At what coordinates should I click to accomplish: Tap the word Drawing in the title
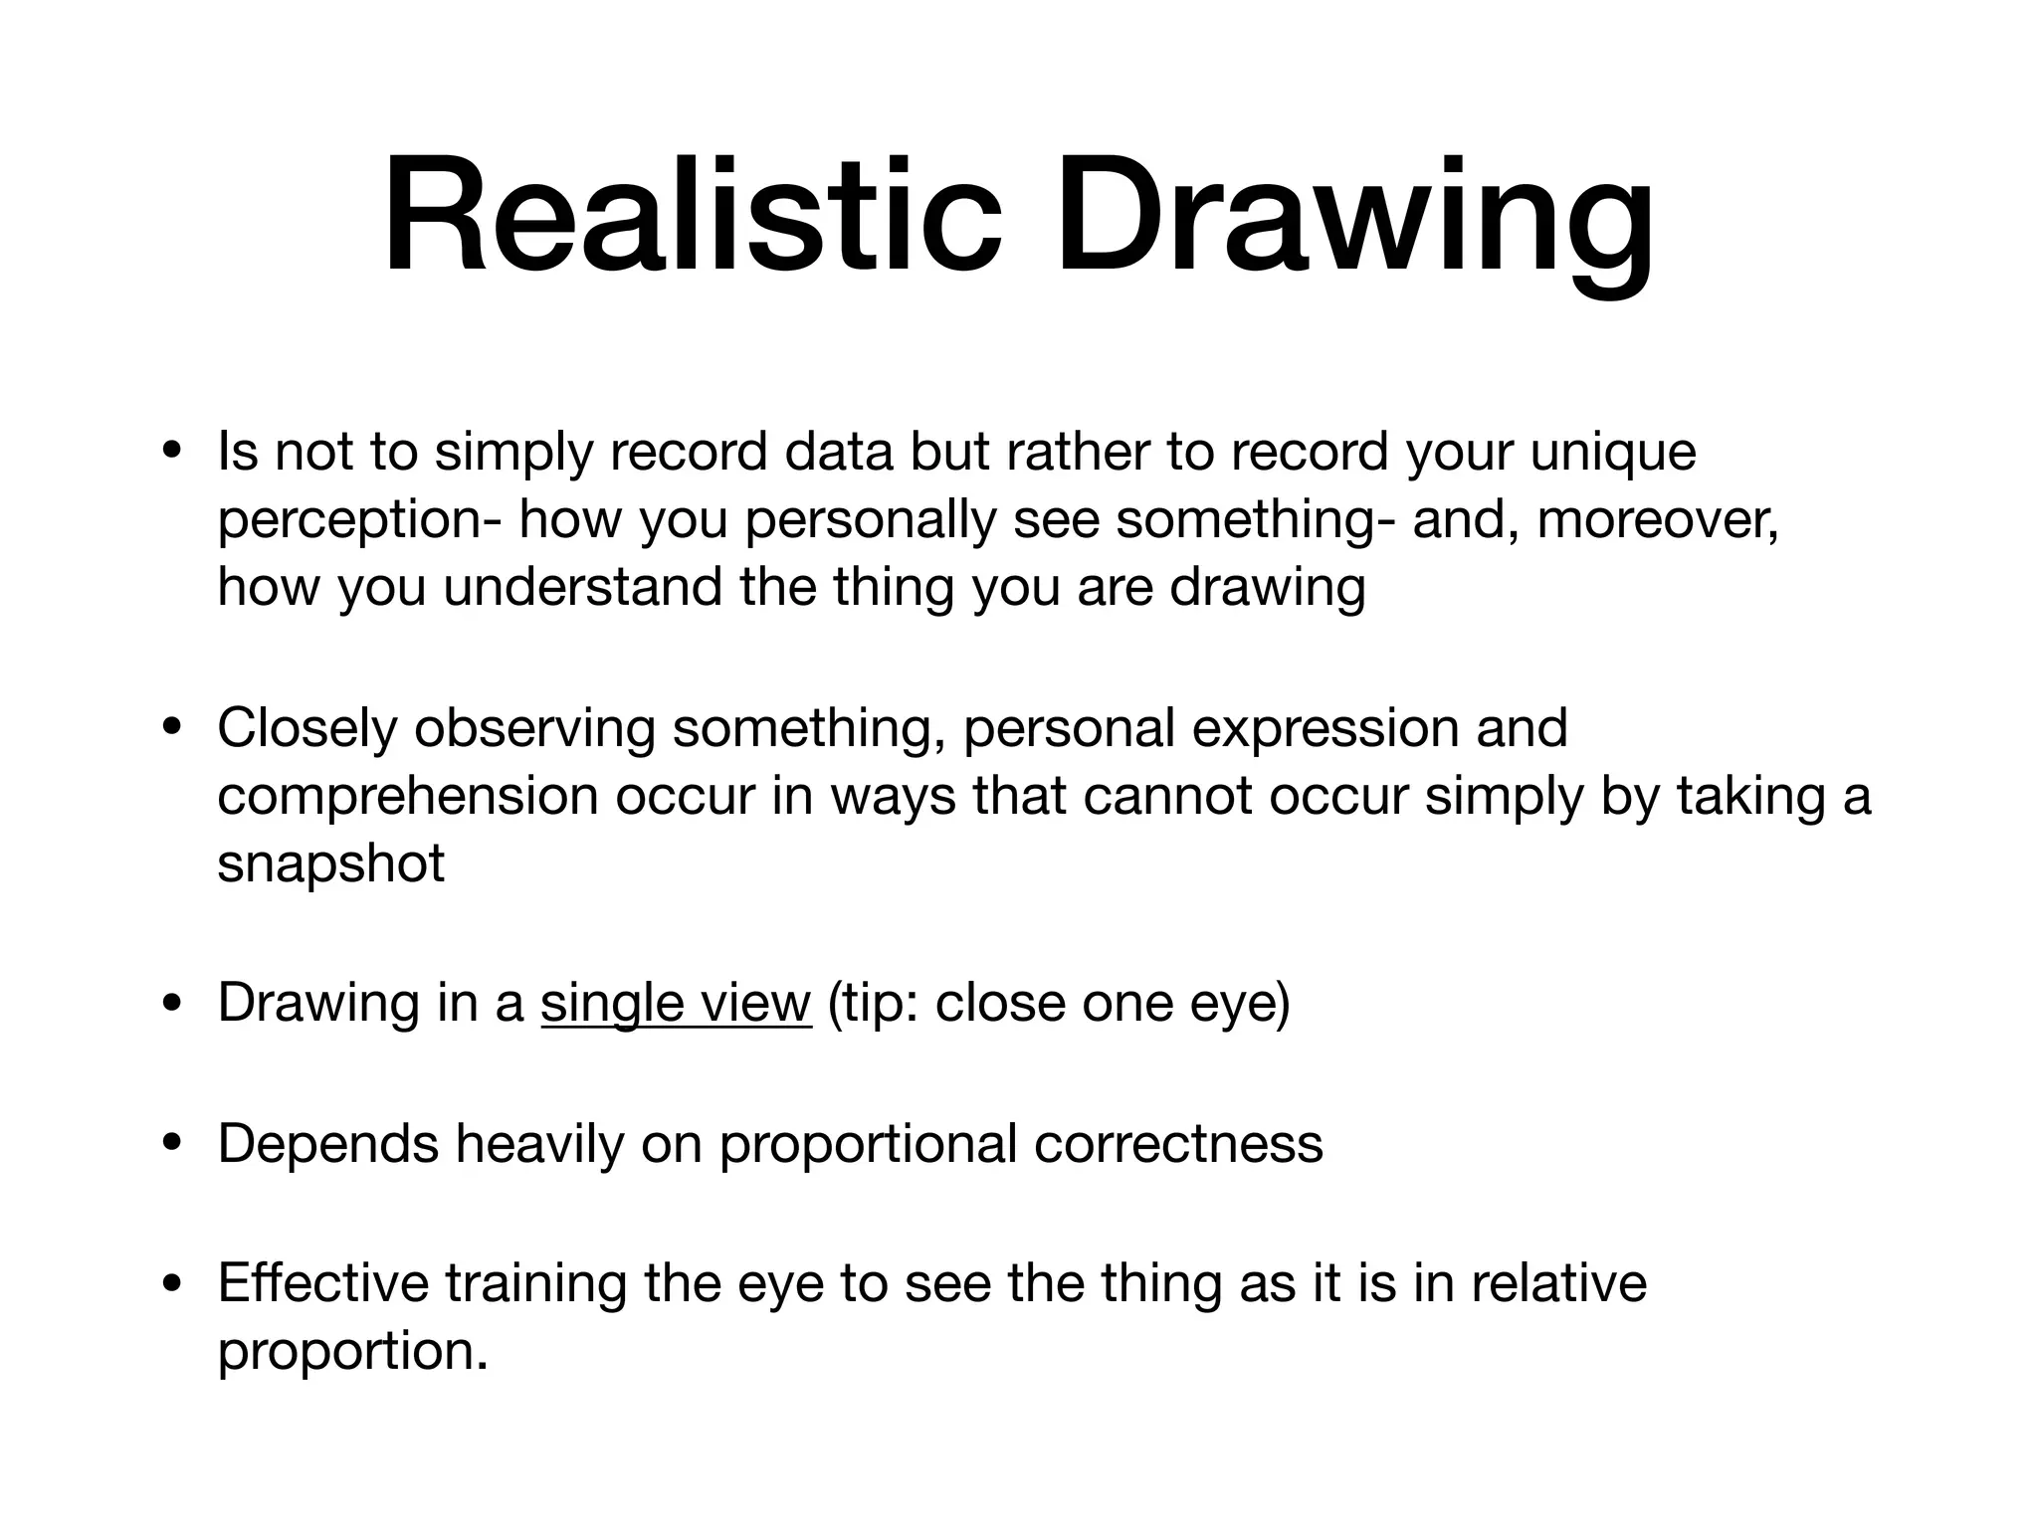[x=1354, y=217]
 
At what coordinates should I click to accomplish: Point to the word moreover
[x=1657, y=519]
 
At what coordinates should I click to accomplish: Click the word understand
[x=582, y=587]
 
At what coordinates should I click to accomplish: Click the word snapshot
[x=330, y=863]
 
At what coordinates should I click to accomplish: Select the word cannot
[x=1167, y=796]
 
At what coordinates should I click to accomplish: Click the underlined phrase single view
[x=676, y=1003]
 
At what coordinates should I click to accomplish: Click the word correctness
[x=1178, y=1144]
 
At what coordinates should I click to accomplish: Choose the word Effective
[x=322, y=1283]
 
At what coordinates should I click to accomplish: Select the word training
[x=535, y=1283]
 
